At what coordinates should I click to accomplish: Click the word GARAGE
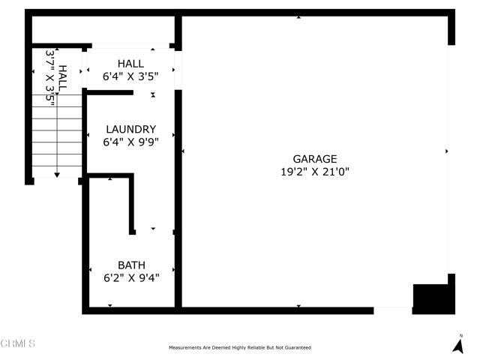[315, 159]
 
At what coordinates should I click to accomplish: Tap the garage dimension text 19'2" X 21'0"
[315, 172]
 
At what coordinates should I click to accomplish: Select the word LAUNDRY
[131, 129]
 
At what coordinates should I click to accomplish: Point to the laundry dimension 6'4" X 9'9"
[131, 142]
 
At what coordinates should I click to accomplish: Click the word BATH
[132, 265]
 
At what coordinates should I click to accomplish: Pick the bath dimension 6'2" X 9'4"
[132, 277]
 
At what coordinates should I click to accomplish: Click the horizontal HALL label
[130, 64]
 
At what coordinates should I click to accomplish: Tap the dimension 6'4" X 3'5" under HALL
[130, 76]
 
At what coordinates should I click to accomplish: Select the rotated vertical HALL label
[62, 78]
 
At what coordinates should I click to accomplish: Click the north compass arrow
[458, 346]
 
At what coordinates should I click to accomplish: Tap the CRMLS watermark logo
[18, 343]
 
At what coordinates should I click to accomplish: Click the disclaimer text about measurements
[240, 347]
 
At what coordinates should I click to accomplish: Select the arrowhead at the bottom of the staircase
[57, 175]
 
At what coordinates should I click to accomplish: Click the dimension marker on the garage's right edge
[447, 151]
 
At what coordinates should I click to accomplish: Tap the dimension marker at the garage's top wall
[298, 17]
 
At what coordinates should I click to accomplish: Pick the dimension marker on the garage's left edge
[183, 151]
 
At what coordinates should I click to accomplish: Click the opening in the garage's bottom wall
[393, 310]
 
